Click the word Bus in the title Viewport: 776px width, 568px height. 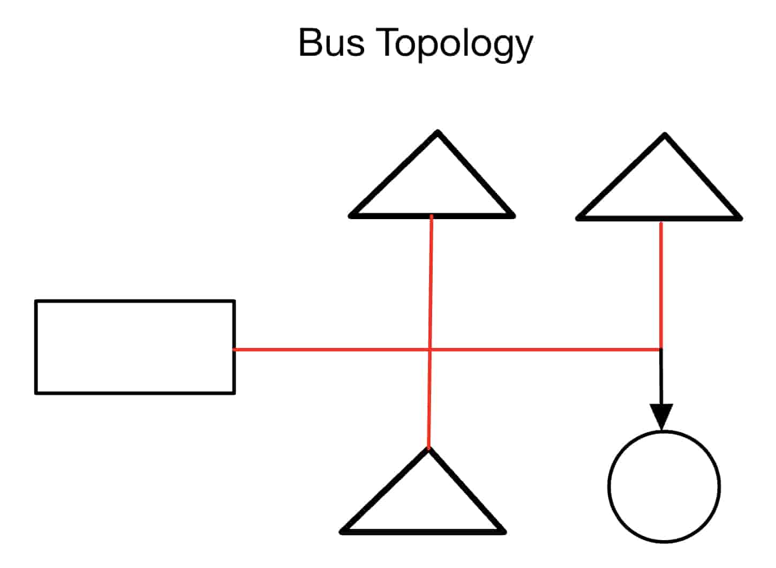click(x=332, y=42)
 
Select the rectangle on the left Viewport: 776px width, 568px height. click(x=135, y=347)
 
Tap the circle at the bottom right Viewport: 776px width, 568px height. click(x=664, y=487)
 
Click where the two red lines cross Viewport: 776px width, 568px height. click(x=430, y=350)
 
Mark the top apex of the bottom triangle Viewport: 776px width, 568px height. click(x=428, y=449)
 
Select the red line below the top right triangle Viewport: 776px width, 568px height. click(x=661, y=284)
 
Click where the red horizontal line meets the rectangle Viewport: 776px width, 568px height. click(x=235, y=349)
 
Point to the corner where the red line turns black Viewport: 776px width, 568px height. click(x=661, y=350)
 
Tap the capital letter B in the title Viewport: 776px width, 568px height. click(x=310, y=42)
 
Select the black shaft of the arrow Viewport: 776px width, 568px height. click(x=661, y=378)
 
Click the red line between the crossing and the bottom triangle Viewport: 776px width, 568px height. click(x=429, y=399)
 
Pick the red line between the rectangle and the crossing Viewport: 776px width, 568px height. click(x=332, y=350)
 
